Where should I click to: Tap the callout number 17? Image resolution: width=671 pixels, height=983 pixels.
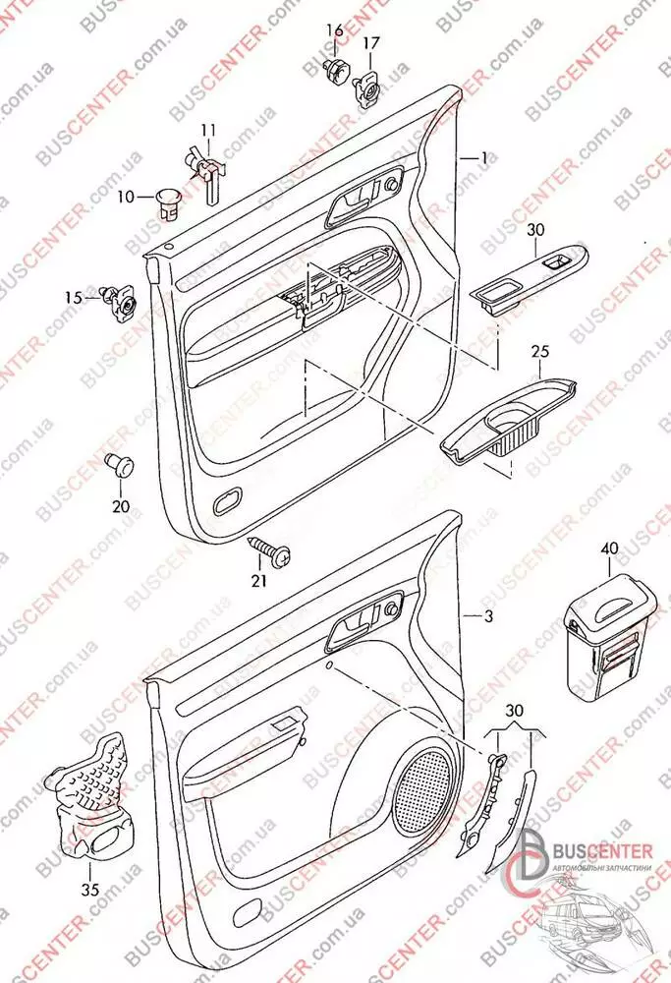tap(370, 43)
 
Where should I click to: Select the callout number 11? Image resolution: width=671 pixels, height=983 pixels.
tap(207, 131)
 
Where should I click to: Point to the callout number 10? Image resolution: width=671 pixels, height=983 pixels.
tap(127, 197)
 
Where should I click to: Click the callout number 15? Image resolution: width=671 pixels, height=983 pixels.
tap(74, 297)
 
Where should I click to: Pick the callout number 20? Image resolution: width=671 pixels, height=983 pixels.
tap(120, 506)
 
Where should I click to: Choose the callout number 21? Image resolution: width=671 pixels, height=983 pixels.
tap(258, 580)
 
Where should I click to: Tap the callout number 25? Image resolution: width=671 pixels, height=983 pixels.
tap(538, 351)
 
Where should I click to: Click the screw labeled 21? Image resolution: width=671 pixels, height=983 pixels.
tap(270, 550)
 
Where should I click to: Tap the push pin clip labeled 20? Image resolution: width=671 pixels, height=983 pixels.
tap(120, 463)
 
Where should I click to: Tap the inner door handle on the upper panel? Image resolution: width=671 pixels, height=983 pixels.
tap(355, 201)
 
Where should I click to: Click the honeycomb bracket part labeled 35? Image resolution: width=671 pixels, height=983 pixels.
tap(95, 790)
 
